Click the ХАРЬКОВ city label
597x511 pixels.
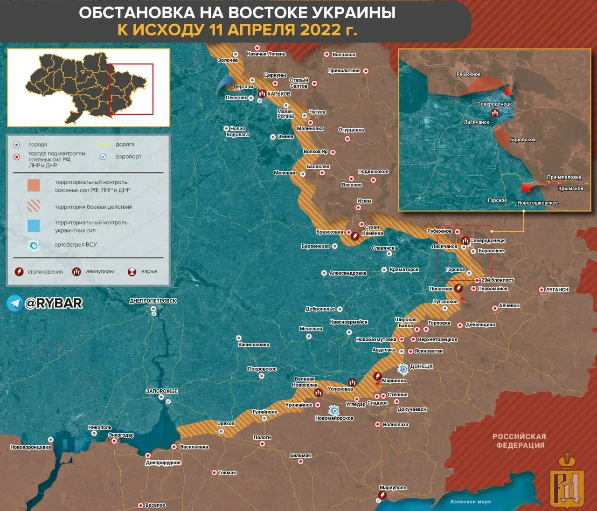278,94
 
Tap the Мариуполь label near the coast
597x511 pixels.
393,488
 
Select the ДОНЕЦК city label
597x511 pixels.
421,366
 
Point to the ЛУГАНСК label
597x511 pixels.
557,290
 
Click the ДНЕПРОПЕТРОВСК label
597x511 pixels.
153,301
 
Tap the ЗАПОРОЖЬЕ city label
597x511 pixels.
162,391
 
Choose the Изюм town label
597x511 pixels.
364,201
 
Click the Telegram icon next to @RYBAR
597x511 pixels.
14,303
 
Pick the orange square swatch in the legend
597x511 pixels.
34,186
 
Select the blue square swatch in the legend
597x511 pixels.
34,226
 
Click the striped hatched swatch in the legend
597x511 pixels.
34,206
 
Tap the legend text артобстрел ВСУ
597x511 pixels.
76,245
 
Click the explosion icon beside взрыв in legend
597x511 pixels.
132,271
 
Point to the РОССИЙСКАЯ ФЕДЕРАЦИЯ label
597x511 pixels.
519,441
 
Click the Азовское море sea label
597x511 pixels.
470,502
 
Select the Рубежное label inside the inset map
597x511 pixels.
468,75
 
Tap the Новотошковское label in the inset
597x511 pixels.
537,203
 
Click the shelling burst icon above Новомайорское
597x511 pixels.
333,410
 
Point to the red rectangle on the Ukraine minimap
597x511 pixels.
131,89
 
